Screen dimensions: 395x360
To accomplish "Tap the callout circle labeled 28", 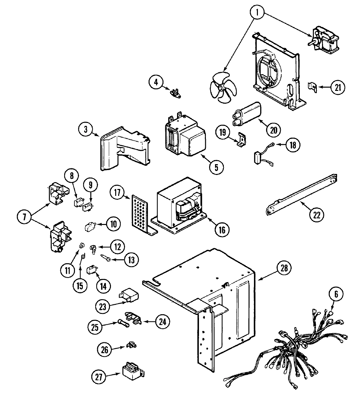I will [283, 268].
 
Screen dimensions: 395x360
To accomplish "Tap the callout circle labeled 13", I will [131, 260].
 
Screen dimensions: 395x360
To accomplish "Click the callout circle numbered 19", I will [223, 132].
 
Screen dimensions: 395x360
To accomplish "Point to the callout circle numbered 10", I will [113, 224].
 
